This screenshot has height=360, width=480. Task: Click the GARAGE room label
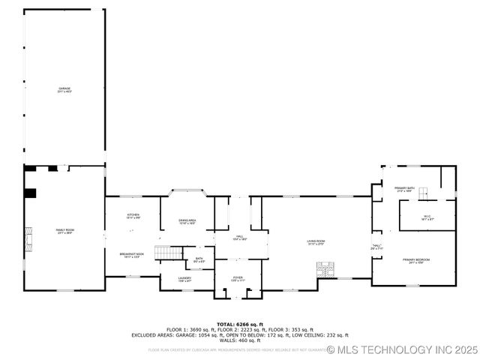65,89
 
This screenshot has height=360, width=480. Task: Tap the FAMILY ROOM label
65,231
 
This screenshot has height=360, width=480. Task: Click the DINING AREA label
187,221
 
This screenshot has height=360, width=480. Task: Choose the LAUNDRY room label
184,279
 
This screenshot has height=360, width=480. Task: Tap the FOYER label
238,279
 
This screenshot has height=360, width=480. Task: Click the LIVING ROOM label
316,242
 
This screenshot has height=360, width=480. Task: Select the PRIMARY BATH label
406,190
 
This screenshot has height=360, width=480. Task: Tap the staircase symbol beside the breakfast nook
169,253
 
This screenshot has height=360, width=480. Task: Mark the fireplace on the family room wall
29,239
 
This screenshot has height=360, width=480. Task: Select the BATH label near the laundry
199,260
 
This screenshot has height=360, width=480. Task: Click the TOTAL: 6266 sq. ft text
240,324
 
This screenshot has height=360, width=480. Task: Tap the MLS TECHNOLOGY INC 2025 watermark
401,349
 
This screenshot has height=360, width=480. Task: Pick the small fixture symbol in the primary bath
424,193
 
